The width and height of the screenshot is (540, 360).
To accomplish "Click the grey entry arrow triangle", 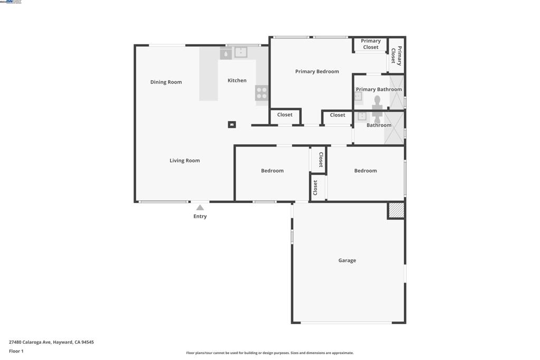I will click(200, 208).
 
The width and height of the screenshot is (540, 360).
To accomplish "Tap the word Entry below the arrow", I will click(200, 216).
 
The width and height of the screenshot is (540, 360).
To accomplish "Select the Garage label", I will click(347, 260).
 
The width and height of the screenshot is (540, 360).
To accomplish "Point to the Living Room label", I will click(185, 161).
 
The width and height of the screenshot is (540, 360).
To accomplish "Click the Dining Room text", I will click(166, 82).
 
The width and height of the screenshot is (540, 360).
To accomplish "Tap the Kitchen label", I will click(237, 81).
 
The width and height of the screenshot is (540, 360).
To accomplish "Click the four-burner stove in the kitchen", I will click(262, 93).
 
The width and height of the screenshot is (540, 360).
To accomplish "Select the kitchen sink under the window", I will click(240, 52).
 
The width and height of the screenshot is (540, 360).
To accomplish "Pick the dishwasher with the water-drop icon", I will click(226, 53).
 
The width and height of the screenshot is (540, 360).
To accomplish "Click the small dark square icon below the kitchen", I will click(232, 125).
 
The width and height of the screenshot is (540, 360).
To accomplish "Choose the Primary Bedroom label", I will click(317, 72).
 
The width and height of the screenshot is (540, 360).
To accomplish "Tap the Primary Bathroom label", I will click(379, 90).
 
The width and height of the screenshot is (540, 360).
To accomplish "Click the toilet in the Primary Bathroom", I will click(377, 101).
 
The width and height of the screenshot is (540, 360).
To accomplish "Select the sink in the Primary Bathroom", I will click(358, 96).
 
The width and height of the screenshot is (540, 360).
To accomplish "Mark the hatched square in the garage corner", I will click(396, 210).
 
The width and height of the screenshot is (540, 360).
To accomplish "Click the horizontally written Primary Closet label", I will click(371, 44).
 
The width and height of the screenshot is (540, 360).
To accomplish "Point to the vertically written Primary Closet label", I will click(397, 56).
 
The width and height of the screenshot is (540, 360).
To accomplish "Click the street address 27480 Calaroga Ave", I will click(51, 342).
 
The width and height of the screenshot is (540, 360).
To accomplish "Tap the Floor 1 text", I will click(16, 351).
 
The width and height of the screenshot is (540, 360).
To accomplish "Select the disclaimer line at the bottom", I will click(269, 353).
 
